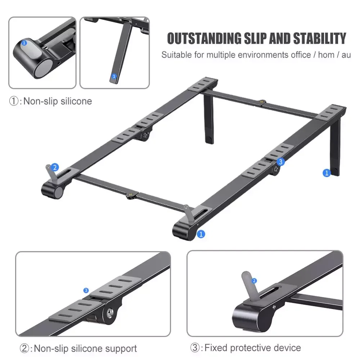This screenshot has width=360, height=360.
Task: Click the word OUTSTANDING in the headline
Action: click(x=204, y=39)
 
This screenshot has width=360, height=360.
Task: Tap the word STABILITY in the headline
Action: click(x=320, y=39)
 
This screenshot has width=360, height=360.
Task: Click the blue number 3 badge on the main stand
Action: click(x=280, y=162)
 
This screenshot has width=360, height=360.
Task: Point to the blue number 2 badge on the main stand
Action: click(x=55, y=167)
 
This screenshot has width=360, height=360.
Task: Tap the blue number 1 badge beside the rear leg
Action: click(x=327, y=173)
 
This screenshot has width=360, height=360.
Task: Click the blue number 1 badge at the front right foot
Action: click(x=201, y=234)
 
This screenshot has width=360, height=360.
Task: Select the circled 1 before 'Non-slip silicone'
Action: click(x=14, y=101)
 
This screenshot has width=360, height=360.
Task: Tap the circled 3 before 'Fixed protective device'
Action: click(x=195, y=348)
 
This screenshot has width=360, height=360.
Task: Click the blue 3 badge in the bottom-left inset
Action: click(x=86, y=291)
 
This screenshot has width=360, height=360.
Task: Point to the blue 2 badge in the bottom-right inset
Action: click(x=254, y=280)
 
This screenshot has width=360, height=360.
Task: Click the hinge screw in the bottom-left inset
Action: click(x=110, y=312)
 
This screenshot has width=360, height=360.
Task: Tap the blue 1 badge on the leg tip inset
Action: click(x=114, y=76)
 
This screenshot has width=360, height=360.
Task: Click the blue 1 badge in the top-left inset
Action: click(x=24, y=43)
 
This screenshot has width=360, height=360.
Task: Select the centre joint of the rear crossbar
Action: click(x=262, y=102)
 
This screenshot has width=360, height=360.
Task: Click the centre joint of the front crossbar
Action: click(x=131, y=195)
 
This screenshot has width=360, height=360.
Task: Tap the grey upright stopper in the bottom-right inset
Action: click(x=250, y=285)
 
